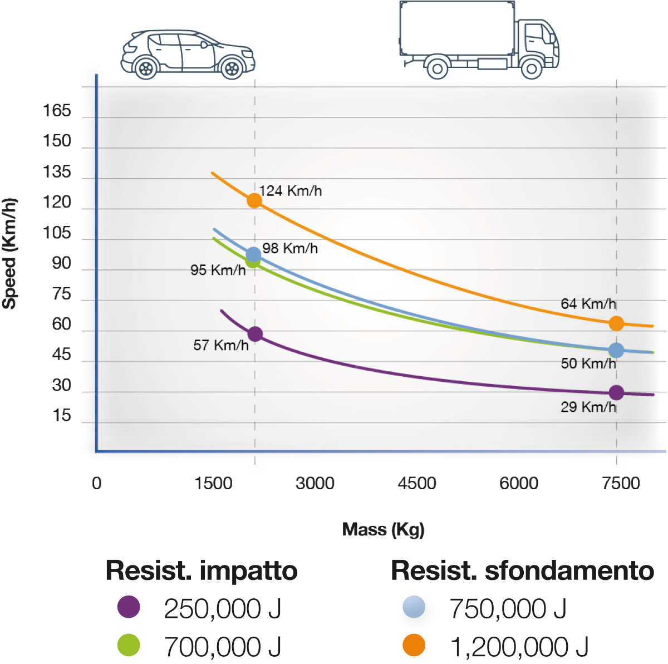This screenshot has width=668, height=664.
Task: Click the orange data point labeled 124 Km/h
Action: [x=254, y=200]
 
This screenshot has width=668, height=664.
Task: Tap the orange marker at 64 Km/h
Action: [x=616, y=323]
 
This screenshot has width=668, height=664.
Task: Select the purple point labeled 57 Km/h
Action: [x=255, y=334]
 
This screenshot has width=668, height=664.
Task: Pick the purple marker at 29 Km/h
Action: [x=616, y=392]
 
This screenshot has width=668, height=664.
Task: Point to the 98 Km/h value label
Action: [x=290, y=248]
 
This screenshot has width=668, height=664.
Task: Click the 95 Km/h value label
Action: [x=218, y=270]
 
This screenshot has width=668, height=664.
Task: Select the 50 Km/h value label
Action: [x=588, y=363]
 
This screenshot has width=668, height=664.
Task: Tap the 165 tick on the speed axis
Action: [x=57, y=111]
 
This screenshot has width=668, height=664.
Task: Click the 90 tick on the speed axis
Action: [x=62, y=263]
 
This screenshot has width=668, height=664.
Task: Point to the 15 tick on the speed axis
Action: [x=62, y=416]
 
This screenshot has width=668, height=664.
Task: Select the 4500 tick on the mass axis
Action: [x=417, y=483]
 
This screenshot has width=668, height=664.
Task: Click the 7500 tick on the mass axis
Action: [x=621, y=483]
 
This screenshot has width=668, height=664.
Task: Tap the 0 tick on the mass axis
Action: [x=97, y=483]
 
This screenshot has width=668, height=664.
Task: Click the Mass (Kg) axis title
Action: [x=383, y=529]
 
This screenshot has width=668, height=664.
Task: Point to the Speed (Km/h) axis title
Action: [x=9, y=253]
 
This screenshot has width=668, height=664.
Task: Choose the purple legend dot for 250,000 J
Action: [x=129, y=607]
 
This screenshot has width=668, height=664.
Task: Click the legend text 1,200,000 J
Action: [x=519, y=647]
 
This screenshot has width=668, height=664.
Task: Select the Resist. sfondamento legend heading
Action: [x=522, y=570]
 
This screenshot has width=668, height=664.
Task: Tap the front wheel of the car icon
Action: [x=232, y=68]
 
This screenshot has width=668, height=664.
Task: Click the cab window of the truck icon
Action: [x=536, y=35]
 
